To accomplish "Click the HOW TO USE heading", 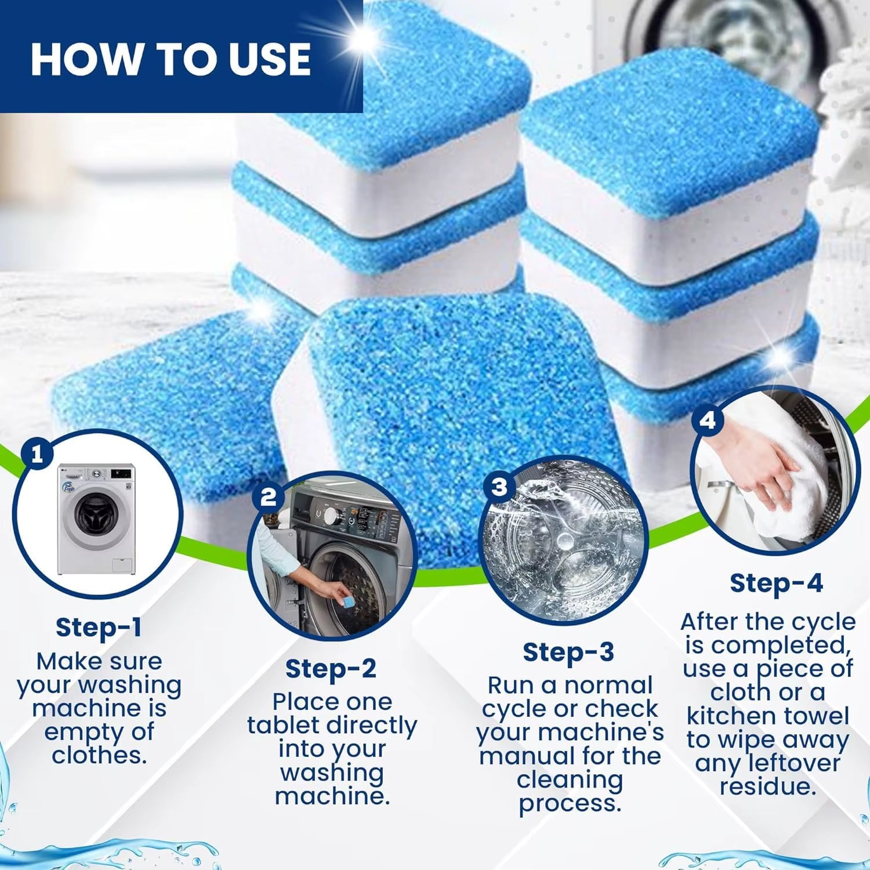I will [170, 59].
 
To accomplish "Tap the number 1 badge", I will [38, 454].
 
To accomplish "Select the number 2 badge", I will [268, 497].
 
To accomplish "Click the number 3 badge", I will [499, 487].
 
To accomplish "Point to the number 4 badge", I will [708, 420].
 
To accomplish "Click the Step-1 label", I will [99, 627].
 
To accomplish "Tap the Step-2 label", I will [331, 669].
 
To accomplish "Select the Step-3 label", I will [568, 652].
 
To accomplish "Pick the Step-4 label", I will [776, 583].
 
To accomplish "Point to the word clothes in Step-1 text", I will [99, 756].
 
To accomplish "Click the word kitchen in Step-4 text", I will [728, 716].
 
